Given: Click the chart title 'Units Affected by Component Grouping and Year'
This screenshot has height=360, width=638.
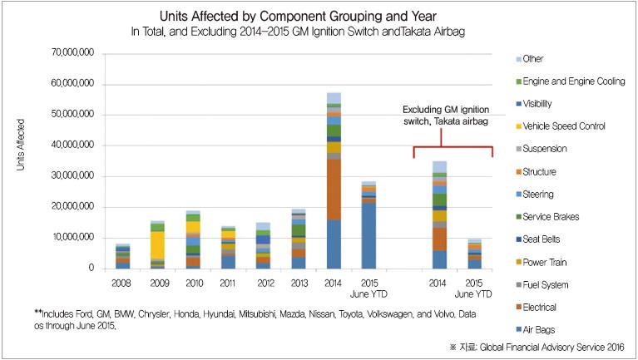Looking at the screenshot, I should pos(319,17).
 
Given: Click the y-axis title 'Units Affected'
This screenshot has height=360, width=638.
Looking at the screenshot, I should pos(22,145).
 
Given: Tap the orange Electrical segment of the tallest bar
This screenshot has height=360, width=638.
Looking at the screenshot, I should pos(333,189).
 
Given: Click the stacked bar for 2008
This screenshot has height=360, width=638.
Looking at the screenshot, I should pos(122,257).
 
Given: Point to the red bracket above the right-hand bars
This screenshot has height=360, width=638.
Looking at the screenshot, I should pos(453,145).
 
